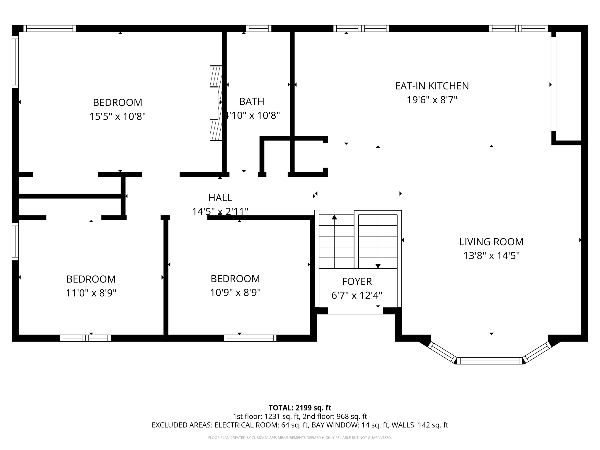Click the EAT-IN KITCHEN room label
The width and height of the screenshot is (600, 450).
point(432,86)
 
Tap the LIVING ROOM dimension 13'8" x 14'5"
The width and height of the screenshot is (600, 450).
point(491,256)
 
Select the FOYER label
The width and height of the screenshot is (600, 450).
point(357,281)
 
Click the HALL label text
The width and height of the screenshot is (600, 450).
point(220,198)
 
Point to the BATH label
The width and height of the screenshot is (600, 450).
point(252,101)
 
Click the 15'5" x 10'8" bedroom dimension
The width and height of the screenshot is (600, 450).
point(117,117)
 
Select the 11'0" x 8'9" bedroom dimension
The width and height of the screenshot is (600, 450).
point(91,293)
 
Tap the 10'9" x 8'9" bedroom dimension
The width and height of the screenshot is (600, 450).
point(235,292)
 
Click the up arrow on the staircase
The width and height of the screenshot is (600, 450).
point(334,217)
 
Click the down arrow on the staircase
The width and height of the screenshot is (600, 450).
point(378,266)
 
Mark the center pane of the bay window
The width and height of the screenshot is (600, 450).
point(490,361)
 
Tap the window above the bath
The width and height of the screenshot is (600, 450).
point(258,28)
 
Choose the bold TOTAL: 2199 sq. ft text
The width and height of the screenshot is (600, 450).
point(300,408)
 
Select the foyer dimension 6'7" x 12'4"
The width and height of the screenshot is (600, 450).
point(357,295)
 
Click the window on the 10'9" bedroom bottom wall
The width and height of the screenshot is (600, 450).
point(250,338)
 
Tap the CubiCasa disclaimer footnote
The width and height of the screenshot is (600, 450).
point(300,438)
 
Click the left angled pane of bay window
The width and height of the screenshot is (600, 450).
point(442,352)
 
